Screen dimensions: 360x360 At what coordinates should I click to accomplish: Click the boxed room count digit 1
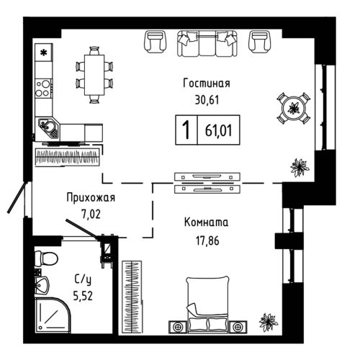186,131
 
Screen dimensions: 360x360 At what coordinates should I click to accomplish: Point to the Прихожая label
91,197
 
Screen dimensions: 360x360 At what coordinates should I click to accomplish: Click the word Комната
206,222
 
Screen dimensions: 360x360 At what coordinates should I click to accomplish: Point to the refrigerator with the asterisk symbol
43,53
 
